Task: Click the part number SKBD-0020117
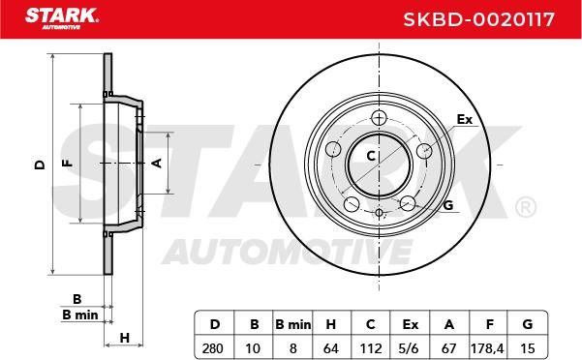(478, 19)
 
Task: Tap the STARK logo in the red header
(62, 18)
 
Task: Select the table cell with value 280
(213, 348)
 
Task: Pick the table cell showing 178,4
(487, 348)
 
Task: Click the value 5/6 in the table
(410, 348)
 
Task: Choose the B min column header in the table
(293, 325)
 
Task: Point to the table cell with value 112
(371, 348)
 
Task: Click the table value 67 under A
(448, 348)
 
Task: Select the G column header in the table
(528, 325)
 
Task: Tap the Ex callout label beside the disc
(464, 119)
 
